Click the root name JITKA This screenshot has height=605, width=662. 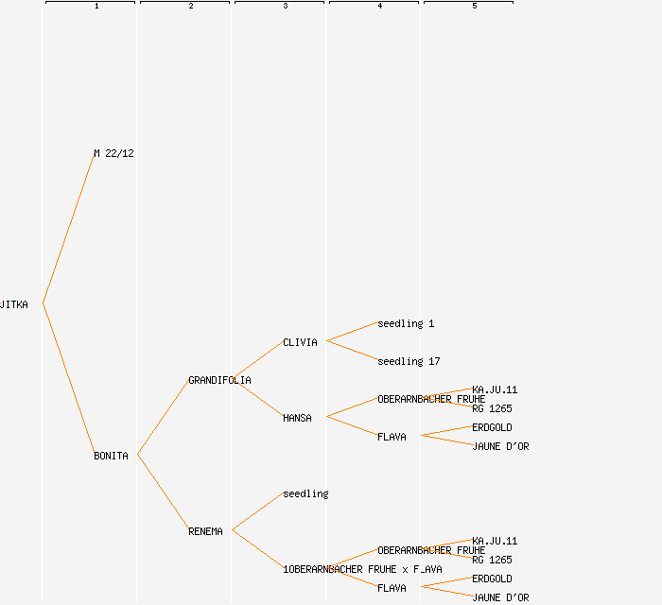14,304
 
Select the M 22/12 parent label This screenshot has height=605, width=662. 113,153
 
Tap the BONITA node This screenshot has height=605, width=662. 111,456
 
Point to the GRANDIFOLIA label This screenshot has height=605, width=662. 219,380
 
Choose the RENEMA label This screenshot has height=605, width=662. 205,531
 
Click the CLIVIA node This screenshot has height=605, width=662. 300,342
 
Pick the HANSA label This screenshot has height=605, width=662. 297,418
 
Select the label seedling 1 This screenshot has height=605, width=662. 406,323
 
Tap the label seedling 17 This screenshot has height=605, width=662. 409,361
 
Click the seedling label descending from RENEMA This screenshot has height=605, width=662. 305,493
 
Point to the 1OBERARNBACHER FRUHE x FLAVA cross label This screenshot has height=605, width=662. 362,569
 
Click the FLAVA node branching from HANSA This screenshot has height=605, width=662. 392,437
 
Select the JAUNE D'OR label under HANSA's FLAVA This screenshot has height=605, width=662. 500,446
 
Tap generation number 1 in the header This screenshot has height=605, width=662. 96,7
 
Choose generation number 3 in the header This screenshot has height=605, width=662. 286,7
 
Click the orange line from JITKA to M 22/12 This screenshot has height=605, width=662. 68,229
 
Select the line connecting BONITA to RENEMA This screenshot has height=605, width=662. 163,493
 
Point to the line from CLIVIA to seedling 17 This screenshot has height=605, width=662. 352,351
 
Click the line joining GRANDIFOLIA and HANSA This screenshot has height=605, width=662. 257,398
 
